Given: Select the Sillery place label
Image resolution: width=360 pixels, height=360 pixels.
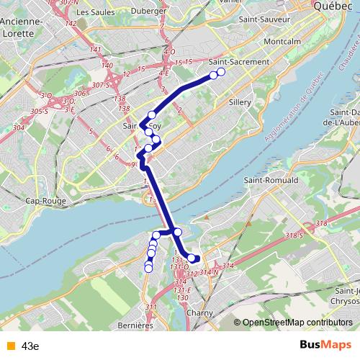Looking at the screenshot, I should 239,103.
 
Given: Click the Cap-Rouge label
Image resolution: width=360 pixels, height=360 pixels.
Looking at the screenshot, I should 46,201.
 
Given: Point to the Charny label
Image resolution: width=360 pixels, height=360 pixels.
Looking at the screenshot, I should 199,313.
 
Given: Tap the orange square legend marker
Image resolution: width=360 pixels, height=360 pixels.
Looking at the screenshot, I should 9,346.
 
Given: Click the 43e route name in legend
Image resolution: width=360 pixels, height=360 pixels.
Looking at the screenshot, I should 30,346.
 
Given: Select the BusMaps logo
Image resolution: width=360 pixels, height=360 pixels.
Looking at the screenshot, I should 325,346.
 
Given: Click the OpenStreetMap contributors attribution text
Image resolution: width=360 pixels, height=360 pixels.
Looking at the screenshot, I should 297,322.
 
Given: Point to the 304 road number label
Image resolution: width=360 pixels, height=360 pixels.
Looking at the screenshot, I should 19,127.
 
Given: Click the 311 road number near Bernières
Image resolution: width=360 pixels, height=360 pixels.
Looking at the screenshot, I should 151,307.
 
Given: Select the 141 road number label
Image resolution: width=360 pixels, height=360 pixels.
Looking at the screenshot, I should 96,48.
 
